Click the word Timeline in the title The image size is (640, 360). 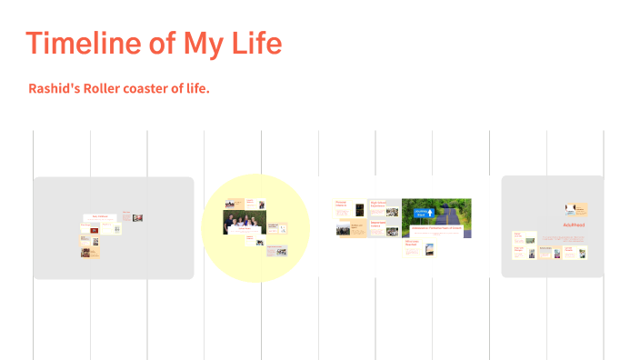83,43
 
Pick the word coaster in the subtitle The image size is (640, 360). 152,89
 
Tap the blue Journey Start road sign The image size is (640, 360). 421,213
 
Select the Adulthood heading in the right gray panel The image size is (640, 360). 573,224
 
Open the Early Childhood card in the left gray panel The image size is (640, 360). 100,217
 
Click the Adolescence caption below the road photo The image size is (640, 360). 435,228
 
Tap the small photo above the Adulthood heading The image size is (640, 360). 572,209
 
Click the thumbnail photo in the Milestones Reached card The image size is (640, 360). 429,248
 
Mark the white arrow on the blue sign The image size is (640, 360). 421,208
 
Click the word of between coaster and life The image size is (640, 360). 183,89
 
